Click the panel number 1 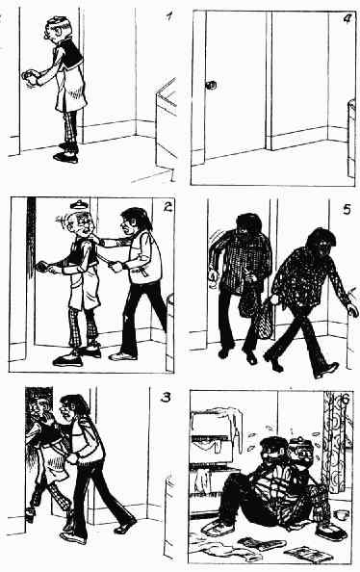168,16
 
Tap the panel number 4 347,19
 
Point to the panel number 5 347,209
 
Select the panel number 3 166,398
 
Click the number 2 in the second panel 167,207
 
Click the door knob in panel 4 211,86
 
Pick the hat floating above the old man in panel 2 78,204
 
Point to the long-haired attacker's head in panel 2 134,221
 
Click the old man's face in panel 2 85,226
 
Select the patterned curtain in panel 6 334,440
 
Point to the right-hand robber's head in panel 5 321,244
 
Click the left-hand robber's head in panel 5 249,224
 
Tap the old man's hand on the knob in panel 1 30,76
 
